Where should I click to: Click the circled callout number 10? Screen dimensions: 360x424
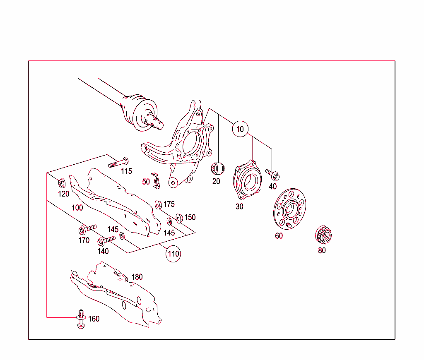(x=240, y=129)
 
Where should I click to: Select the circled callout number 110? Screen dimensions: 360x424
(x=173, y=253)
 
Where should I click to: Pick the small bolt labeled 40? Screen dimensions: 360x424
(x=273, y=174)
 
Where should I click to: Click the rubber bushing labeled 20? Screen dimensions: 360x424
(x=217, y=168)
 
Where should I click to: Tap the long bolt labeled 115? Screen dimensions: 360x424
(x=118, y=163)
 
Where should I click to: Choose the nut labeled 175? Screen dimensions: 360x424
(x=158, y=204)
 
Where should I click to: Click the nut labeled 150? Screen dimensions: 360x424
(x=179, y=218)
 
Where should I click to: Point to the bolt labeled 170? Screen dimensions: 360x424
(x=87, y=228)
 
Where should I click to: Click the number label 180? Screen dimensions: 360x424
(x=137, y=277)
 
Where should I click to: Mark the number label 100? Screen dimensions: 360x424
(x=77, y=207)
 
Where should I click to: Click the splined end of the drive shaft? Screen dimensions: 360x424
(x=157, y=122)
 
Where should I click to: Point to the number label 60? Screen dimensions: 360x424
(x=279, y=236)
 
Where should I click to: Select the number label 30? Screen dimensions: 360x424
(x=239, y=206)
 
